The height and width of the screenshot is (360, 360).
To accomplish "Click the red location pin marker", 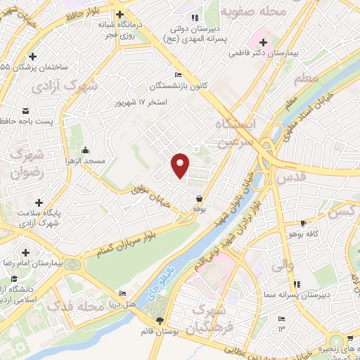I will [181, 165].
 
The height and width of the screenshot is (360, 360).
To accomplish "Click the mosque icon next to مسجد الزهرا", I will [85, 150].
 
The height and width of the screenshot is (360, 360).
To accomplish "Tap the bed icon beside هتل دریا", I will [123, 294].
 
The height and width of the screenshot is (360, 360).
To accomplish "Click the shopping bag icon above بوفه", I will [201, 198].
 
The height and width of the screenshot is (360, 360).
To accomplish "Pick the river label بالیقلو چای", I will [162, 277].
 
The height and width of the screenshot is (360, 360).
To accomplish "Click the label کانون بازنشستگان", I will [178, 86].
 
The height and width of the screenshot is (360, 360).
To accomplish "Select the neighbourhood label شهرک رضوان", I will [30, 163].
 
